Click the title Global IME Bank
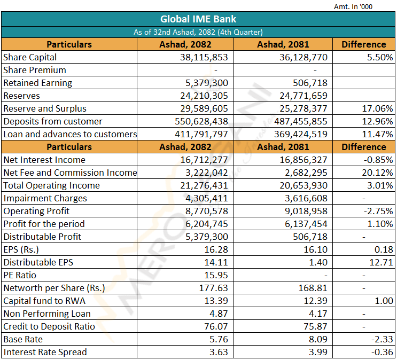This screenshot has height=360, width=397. tap(198, 19)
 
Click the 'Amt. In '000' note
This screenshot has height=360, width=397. tap(353, 6)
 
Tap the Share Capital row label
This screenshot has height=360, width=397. tap(30, 58)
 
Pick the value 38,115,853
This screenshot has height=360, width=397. tap(204, 58)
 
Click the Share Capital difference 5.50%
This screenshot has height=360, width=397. tap(380, 58)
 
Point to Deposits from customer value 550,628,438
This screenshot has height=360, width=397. tap(201, 122)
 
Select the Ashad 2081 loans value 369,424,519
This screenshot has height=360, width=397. tap(300, 134)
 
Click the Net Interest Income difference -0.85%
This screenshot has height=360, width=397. tap(378, 160)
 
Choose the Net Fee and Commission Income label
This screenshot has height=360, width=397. tap(70, 173)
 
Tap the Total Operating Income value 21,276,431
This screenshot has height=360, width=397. tap(204, 185)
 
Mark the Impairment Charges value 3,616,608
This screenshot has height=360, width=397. tap(306, 199)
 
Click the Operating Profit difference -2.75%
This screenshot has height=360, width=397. tap(378, 211)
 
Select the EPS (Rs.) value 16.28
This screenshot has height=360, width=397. tap(216, 249)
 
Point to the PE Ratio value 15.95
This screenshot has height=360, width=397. tap(216, 275)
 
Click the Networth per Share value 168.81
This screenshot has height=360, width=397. tap(313, 288)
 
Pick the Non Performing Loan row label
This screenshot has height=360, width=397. tap(47, 314)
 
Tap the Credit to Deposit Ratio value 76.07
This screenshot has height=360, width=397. tap(216, 326)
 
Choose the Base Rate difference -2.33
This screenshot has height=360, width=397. tap(382, 340)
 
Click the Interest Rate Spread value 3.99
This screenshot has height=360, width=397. tap(318, 352)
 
